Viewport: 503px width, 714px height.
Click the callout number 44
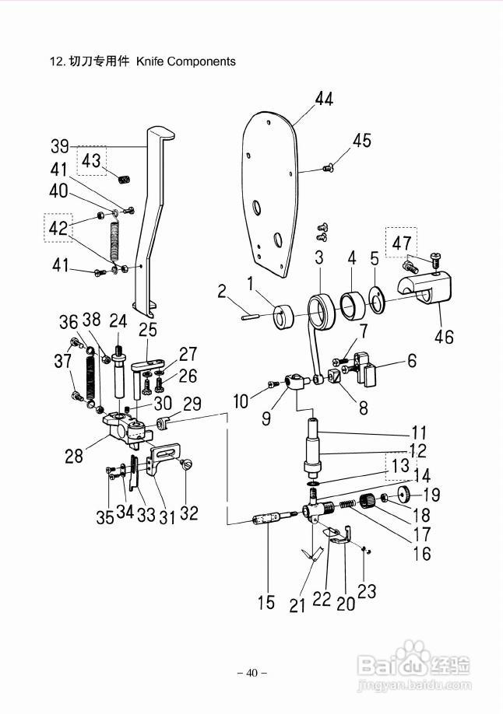pyautogui.click(x=324, y=98)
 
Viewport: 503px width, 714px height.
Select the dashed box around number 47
pyautogui.click(x=401, y=242)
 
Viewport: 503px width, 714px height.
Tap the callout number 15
pyautogui.click(x=266, y=602)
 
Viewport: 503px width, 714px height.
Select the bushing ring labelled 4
pyautogui.click(x=354, y=306)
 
